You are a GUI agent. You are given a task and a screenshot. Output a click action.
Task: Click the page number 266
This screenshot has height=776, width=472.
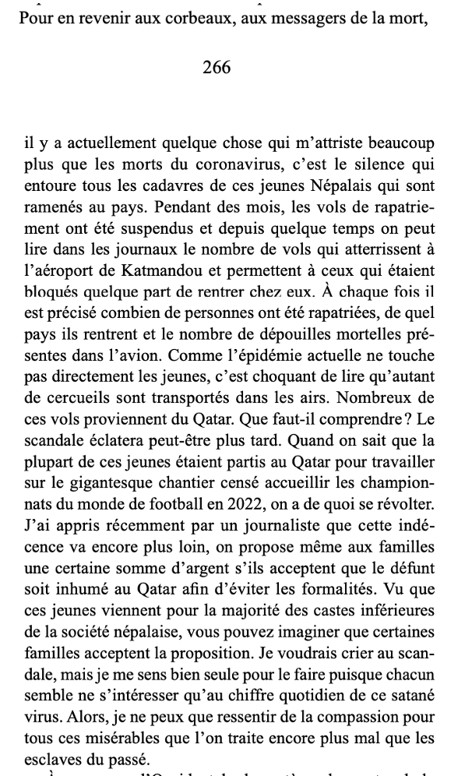coord(217,68)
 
